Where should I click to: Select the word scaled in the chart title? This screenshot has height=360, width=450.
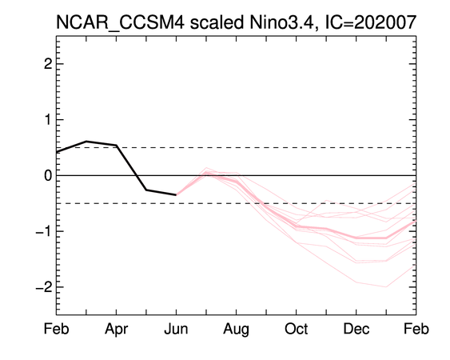(x=217, y=22)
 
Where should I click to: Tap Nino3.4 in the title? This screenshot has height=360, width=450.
(x=284, y=22)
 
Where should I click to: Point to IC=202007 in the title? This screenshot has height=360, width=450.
(x=370, y=22)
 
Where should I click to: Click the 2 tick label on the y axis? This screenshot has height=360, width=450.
(x=48, y=64)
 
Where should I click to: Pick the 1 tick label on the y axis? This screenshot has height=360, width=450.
(x=48, y=119)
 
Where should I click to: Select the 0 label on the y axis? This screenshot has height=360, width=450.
(x=48, y=175)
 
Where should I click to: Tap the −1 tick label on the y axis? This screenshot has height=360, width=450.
(x=44, y=231)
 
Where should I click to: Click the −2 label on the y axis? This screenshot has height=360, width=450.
(x=44, y=287)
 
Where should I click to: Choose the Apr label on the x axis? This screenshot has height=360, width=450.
(x=116, y=330)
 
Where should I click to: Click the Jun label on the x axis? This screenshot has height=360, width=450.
(x=176, y=329)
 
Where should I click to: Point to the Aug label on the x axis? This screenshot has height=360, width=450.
(x=236, y=330)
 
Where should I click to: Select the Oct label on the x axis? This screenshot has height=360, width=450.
(x=297, y=329)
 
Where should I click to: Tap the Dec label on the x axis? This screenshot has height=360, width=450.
(x=356, y=329)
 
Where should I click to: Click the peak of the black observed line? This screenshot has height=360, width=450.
(x=86, y=142)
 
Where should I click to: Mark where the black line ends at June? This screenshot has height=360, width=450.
(x=176, y=194)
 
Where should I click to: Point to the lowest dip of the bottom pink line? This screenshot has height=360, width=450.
(x=386, y=286)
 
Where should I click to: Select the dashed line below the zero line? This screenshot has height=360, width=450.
(x=237, y=203)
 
